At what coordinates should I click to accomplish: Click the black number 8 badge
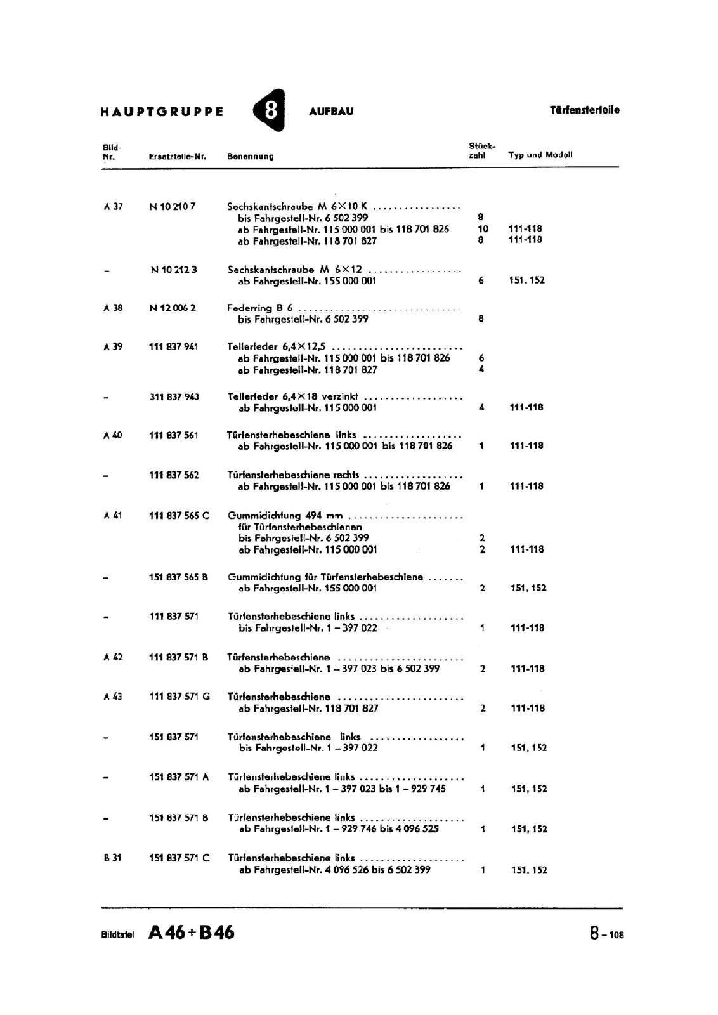(x=270, y=111)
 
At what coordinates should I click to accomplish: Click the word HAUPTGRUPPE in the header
(x=162, y=112)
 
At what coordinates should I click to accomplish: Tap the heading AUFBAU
(x=330, y=112)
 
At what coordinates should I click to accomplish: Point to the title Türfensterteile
(x=584, y=110)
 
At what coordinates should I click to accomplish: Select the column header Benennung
(x=250, y=156)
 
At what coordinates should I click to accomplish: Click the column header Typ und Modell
(x=540, y=155)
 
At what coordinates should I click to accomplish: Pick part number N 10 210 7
(x=172, y=206)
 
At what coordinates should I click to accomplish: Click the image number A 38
(x=113, y=308)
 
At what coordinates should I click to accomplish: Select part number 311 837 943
(x=174, y=397)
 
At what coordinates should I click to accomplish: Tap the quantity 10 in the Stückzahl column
(x=483, y=229)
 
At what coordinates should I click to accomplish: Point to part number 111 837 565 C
(x=178, y=515)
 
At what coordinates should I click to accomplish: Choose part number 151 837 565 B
(x=178, y=577)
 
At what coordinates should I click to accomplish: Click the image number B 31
(x=112, y=858)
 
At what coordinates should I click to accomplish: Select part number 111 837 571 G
(x=179, y=697)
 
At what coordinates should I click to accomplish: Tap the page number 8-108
(x=606, y=934)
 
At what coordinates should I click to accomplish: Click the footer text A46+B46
(x=191, y=933)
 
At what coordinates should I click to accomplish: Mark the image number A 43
(x=113, y=697)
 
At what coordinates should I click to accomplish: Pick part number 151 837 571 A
(x=178, y=777)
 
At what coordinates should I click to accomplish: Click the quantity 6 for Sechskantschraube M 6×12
(x=481, y=280)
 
